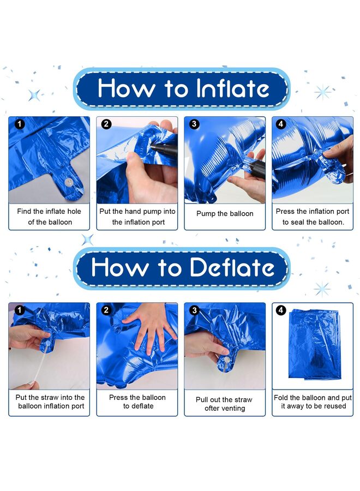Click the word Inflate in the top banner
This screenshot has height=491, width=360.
(x=232, y=88)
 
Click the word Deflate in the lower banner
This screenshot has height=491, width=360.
(x=232, y=267)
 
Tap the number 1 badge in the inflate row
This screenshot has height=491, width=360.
(x=20, y=124)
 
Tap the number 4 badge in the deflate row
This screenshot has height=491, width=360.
(x=280, y=310)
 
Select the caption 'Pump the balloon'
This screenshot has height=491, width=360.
(x=225, y=213)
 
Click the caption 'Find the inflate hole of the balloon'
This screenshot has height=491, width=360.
(x=49, y=217)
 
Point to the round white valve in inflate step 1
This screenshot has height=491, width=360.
(x=68, y=182)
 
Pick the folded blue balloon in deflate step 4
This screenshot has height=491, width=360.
(x=314, y=344)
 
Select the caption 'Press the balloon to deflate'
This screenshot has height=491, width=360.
(x=137, y=402)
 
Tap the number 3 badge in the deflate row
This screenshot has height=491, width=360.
(x=194, y=310)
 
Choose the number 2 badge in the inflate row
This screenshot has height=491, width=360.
(x=106, y=124)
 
